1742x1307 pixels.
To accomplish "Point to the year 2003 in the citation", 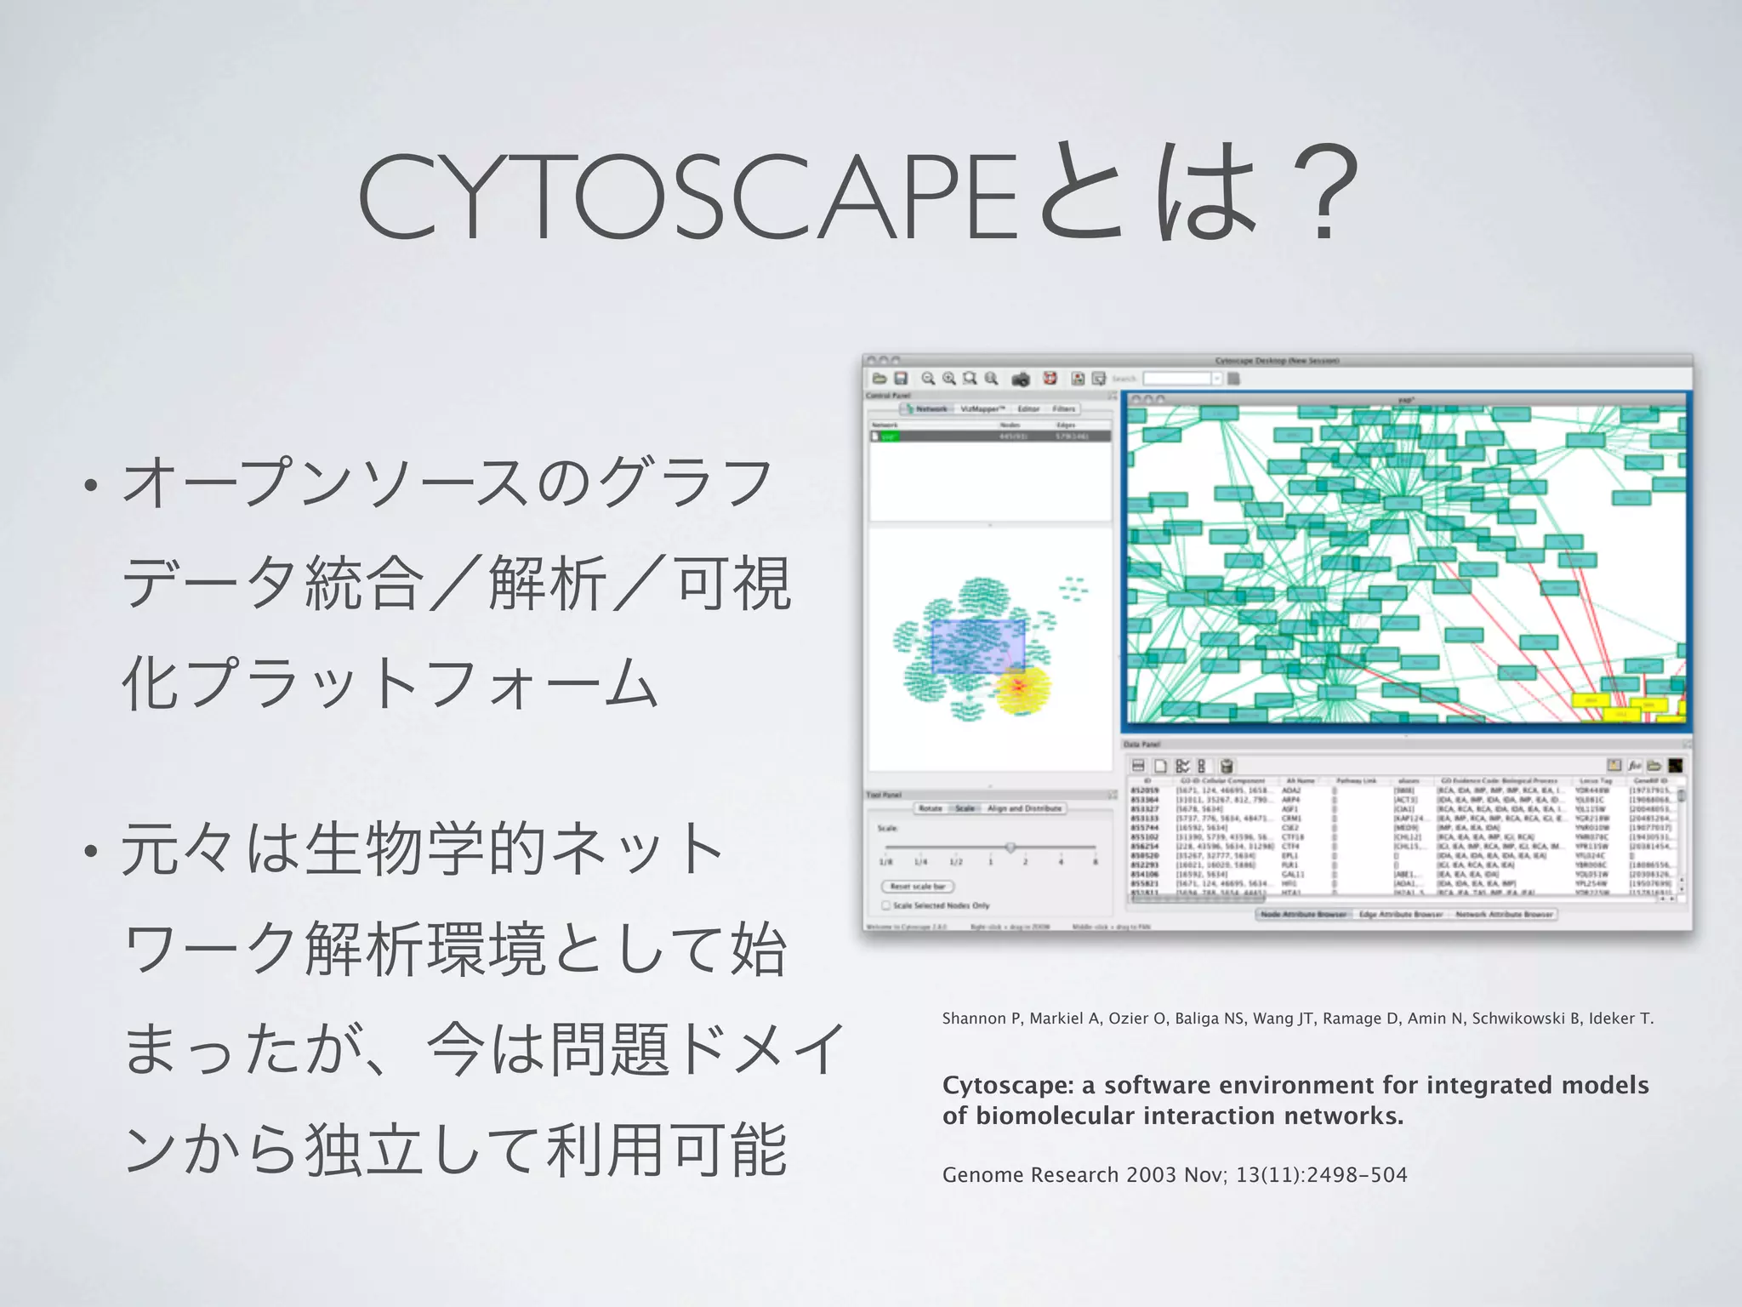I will (x=1151, y=1175).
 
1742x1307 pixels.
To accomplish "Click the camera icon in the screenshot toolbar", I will (x=1021, y=380).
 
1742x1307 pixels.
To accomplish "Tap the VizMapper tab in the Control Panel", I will (x=982, y=409).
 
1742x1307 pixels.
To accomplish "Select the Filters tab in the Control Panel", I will (x=1063, y=409).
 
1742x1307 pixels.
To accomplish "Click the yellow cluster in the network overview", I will (x=1022, y=688).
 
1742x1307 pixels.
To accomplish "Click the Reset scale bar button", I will (x=918, y=887).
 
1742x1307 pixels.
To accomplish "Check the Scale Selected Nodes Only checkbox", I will (x=886, y=905).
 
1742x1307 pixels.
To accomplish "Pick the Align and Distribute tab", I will (x=1024, y=808).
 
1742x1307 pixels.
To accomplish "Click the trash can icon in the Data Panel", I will (x=1227, y=766).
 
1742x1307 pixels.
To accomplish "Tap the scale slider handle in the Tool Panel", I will (x=1010, y=848).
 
